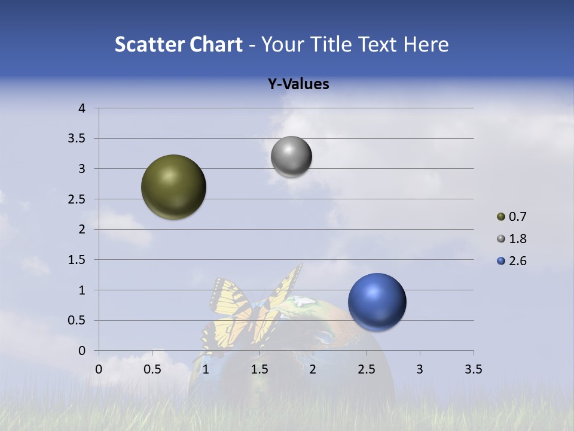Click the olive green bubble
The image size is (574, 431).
pos(174,187)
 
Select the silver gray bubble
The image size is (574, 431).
pos(291,157)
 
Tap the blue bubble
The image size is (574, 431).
pos(377,302)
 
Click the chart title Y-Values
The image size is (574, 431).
pos(298,84)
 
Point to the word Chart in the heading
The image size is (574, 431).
pos(215,44)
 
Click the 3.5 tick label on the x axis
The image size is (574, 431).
pos(473,369)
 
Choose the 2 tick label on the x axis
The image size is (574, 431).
pos(312,369)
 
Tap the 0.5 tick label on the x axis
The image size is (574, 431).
pos(152,369)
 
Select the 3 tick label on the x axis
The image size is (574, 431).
pos(420,369)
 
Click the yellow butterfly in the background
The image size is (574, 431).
pos(251,308)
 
